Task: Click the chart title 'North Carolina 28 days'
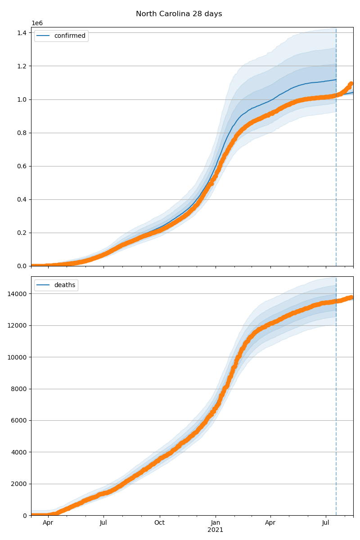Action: click(179, 14)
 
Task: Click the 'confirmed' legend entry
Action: click(69, 36)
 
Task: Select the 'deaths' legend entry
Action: click(66, 285)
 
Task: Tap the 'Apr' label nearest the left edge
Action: click(48, 523)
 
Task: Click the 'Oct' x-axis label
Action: click(159, 523)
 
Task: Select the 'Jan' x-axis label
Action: click(215, 523)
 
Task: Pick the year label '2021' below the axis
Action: click(215, 530)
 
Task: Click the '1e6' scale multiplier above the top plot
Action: click(37, 23)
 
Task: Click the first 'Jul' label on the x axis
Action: click(103, 523)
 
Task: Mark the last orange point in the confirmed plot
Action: click(351, 84)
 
